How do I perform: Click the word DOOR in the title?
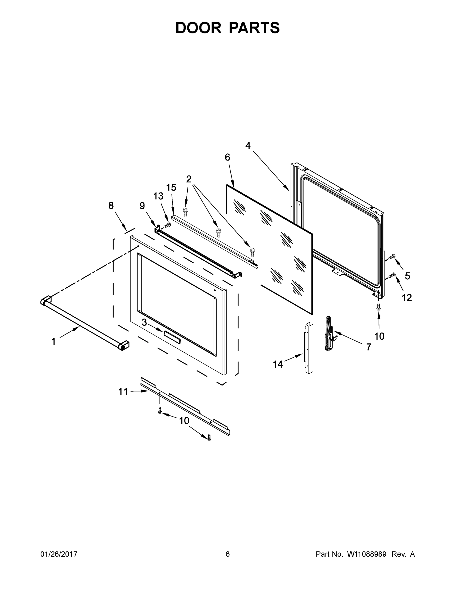click(x=198, y=28)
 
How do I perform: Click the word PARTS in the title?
click(x=254, y=28)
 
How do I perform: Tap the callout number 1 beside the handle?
click(x=53, y=342)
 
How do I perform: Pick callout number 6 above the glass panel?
click(x=227, y=157)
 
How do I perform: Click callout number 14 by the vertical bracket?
click(x=278, y=364)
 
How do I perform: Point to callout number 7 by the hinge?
click(x=368, y=347)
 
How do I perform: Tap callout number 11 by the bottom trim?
click(x=123, y=392)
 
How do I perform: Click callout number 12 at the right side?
click(x=407, y=298)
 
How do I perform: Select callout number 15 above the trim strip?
click(x=171, y=187)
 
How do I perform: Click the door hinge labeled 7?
click(x=329, y=335)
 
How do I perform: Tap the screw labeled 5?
click(x=392, y=256)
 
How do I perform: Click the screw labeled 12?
click(x=392, y=275)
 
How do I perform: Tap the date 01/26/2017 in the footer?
click(x=59, y=554)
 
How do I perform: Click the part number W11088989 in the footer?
click(x=367, y=554)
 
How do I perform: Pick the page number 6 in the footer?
click(x=228, y=554)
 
